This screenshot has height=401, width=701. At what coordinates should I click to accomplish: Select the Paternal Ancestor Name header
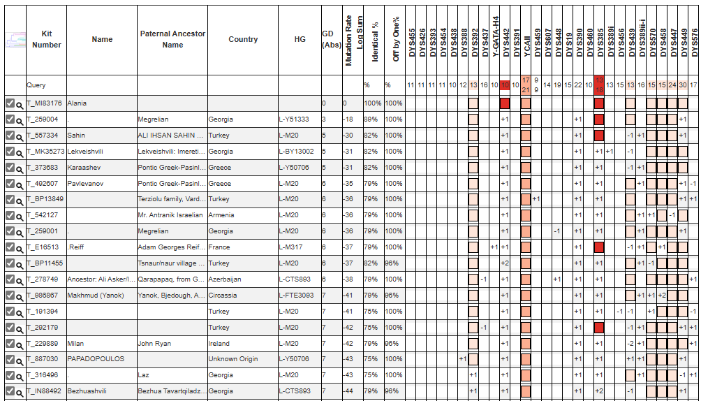pyautogui.click(x=172, y=39)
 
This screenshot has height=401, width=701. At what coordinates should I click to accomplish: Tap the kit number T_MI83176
pyautogui.click(x=44, y=103)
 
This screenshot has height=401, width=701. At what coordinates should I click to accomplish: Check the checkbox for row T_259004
pyautogui.click(x=10, y=119)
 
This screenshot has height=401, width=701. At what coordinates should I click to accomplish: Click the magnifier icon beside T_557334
pyautogui.click(x=20, y=136)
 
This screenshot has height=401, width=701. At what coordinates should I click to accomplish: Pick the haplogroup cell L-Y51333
pyautogui.click(x=293, y=119)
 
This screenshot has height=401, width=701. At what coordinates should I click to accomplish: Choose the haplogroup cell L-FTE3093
pyautogui.click(x=296, y=296)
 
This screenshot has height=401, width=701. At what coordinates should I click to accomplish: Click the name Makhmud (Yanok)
pyautogui.click(x=96, y=296)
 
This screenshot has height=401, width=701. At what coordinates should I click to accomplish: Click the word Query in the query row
pyautogui.click(x=36, y=85)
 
